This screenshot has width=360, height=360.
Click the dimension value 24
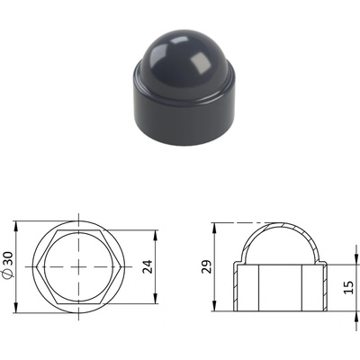(148, 266)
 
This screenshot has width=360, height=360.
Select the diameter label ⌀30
(8, 265)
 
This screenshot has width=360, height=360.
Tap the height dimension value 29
(206, 266)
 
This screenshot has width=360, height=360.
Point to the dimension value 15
(348, 287)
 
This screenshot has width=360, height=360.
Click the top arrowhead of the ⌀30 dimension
(16, 226)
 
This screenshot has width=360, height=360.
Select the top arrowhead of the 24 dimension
(156, 235)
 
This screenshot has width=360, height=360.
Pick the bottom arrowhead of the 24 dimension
(156, 299)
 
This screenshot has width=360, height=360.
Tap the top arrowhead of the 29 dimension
(214, 228)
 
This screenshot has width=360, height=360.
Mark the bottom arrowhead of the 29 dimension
(214, 306)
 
